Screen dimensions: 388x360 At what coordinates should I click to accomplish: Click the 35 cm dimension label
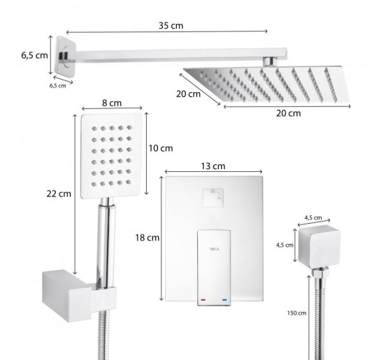point(171,25)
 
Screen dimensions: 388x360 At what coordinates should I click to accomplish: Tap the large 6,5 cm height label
point(34,55)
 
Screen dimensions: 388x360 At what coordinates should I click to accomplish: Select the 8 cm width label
point(112,103)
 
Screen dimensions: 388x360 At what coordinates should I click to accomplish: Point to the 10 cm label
point(161,148)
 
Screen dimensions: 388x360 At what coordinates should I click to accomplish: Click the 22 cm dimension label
point(59,194)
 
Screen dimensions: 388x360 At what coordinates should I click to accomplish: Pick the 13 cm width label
point(213,166)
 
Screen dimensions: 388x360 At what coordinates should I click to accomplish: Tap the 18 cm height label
point(148,238)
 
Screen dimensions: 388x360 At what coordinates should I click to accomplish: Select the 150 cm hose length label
point(296,313)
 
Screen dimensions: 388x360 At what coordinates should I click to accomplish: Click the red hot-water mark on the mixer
point(203,300)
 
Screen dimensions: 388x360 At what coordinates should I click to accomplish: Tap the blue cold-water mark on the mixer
point(224,300)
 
